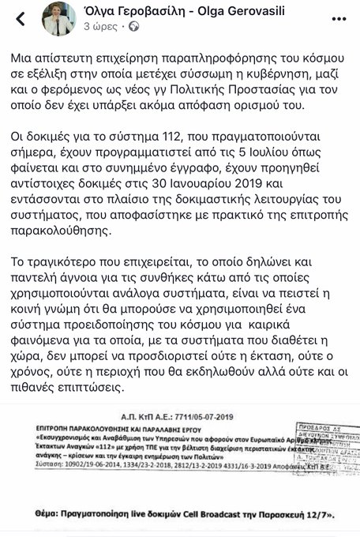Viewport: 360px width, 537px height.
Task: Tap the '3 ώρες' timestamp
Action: tap(99, 26)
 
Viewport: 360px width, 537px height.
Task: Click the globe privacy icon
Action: tap(132, 26)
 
